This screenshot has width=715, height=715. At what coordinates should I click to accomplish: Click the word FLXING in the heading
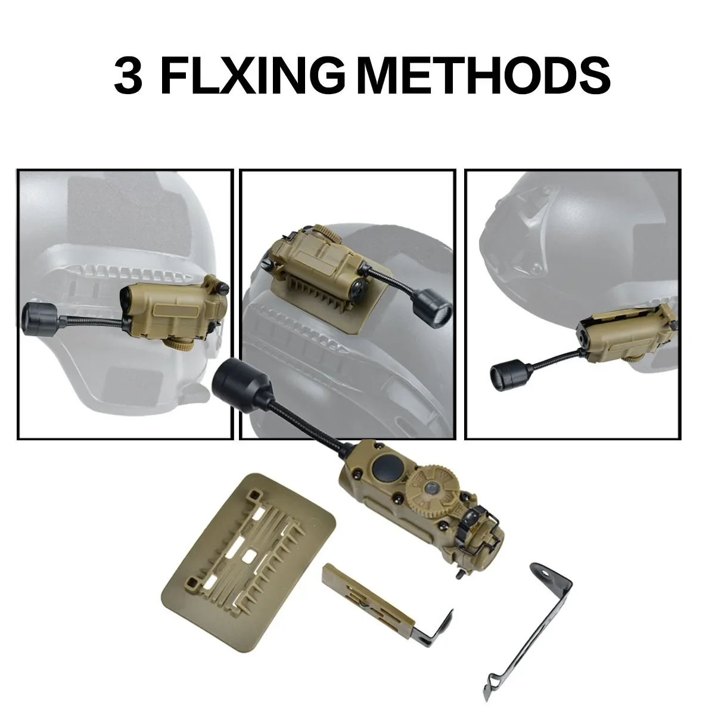[253, 76]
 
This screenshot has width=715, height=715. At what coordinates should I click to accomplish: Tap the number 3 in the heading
[128, 76]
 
